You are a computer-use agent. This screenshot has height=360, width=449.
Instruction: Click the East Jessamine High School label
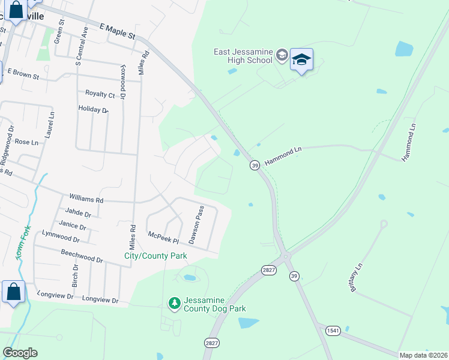pyautogui.click(x=244, y=56)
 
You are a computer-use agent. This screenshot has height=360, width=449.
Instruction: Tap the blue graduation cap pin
pyautogui.click(x=301, y=60)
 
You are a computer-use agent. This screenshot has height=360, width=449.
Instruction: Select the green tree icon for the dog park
pyautogui.click(x=175, y=304)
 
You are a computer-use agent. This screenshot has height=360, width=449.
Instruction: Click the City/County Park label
pyautogui.click(x=155, y=256)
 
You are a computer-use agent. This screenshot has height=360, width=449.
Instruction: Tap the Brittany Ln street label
pyautogui.click(x=356, y=277)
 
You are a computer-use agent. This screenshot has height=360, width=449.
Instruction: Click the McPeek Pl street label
pyautogui.click(x=163, y=238)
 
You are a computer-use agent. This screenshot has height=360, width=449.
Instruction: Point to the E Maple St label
pyautogui.click(x=118, y=32)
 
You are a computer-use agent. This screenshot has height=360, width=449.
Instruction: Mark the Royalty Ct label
pyautogui.click(x=100, y=94)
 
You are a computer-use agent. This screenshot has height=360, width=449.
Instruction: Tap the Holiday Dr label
pyautogui.click(x=93, y=109)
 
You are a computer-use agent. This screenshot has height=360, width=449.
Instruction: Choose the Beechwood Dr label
pyautogui.click(x=82, y=257)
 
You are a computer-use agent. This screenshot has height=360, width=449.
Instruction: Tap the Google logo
pyautogui.click(x=20, y=353)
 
